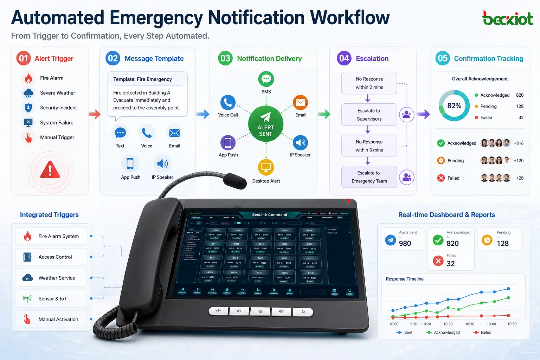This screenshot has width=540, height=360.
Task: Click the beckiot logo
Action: (507, 18)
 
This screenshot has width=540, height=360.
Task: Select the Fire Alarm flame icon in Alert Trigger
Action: (28, 78)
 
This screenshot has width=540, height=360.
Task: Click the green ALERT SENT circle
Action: (266, 123)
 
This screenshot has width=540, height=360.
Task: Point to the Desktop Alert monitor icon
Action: (266, 167)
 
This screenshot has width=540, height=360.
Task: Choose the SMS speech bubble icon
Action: (266, 79)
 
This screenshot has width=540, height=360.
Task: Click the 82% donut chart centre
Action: (454, 105)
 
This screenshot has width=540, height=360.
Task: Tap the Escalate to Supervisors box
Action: (369, 115)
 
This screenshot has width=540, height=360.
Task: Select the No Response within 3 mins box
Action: (369, 146)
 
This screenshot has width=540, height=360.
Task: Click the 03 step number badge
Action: (225, 58)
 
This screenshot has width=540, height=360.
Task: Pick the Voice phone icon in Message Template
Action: (147, 133)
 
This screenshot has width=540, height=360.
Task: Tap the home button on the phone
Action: (260, 311)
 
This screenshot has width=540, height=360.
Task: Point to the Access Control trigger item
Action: (51, 257)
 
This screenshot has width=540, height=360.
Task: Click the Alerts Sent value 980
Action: (405, 243)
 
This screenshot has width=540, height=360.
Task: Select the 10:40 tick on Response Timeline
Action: (491, 324)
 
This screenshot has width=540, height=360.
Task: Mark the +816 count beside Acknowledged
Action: (519, 143)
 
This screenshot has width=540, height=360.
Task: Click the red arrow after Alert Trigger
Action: (95, 114)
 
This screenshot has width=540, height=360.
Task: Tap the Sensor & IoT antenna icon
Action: (27, 298)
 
